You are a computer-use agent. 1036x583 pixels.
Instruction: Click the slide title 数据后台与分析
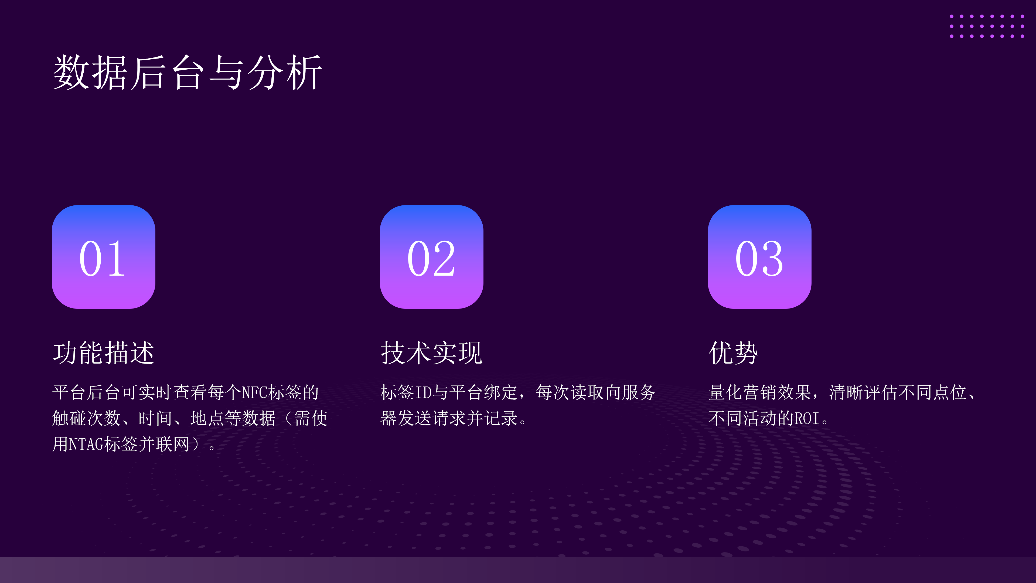(x=188, y=72)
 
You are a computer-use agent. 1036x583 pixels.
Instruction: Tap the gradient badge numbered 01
(x=103, y=257)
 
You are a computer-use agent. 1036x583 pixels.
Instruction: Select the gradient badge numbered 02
(x=432, y=257)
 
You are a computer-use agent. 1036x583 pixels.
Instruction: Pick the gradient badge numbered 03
(x=760, y=257)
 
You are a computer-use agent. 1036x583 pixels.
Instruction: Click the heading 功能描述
(x=104, y=353)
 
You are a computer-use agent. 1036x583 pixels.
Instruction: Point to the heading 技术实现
(x=432, y=353)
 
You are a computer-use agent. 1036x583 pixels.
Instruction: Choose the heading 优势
(x=734, y=353)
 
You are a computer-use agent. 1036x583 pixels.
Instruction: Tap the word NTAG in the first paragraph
(x=86, y=444)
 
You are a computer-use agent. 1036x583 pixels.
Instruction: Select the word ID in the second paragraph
(x=423, y=392)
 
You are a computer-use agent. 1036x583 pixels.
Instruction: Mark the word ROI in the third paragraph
(x=807, y=418)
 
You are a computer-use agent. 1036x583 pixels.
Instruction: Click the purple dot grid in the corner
(x=987, y=26)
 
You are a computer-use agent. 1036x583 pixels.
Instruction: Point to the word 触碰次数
(x=86, y=418)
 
